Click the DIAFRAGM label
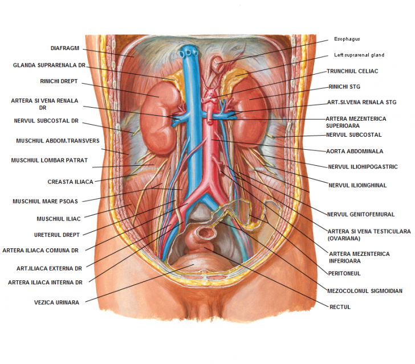65,48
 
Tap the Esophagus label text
347,39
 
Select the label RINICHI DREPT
59,81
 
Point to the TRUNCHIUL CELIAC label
352,71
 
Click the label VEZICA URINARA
56,302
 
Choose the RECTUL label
340,307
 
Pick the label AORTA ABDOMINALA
355,152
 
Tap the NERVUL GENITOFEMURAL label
361,214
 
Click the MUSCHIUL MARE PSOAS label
45,201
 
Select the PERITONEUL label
344,273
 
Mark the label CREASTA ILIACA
71,182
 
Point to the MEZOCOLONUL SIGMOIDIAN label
365,291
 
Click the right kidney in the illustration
159,116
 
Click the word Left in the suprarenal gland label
339,55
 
